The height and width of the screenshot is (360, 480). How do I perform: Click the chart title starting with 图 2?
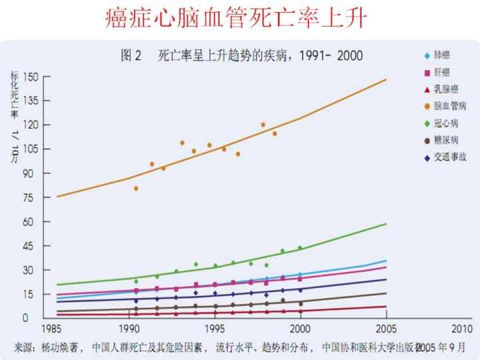point(241,56)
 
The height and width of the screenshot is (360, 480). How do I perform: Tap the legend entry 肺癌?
point(441,55)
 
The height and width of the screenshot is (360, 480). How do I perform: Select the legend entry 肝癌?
point(441,71)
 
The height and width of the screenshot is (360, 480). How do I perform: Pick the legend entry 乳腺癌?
point(445,89)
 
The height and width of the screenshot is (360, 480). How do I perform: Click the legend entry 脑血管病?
point(449,105)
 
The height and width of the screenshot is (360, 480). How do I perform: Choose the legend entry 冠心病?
point(445,123)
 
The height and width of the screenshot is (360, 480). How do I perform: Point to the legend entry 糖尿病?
point(445,140)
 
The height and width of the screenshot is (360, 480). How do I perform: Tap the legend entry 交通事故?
point(449,157)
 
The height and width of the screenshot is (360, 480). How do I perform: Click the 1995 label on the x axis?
point(215,330)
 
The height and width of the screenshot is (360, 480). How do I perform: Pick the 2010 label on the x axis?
point(461,330)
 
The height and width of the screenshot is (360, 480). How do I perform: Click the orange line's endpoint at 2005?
point(386,79)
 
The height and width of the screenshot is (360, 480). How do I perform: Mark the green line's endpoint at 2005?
point(386,224)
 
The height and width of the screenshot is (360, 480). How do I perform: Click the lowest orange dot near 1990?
point(136,188)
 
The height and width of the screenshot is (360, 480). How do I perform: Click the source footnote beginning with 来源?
point(240,347)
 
